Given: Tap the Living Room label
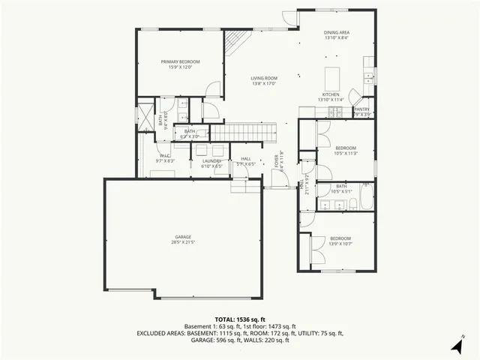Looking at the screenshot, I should coord(264,78).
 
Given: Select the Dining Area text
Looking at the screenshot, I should coord(336,33).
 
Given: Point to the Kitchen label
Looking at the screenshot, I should coord(330,94).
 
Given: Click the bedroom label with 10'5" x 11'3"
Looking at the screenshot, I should coord(345,148).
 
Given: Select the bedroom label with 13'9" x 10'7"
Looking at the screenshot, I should coord(340,238).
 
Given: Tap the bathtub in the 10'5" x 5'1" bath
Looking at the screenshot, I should coord(366,197).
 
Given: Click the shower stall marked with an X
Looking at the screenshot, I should coord(145,113).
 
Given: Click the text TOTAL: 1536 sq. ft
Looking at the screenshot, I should coord(239,319).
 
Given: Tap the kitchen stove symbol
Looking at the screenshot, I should coord(335,112).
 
